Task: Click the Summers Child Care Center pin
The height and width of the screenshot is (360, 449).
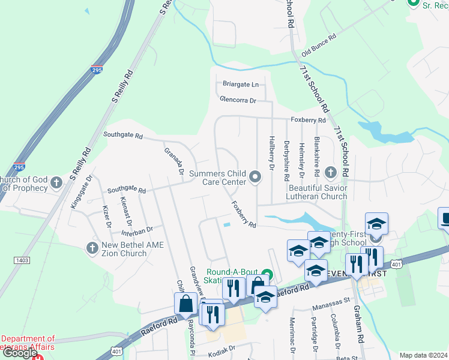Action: [x=256, y=176]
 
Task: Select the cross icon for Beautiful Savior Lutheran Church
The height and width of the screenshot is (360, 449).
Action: [x=330, y=173]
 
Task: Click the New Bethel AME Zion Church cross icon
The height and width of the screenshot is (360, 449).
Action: [x=92, y=247]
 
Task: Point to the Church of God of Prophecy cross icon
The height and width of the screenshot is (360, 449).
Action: [x=56, y=182]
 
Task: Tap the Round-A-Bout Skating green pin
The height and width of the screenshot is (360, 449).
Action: [x=267, y=276]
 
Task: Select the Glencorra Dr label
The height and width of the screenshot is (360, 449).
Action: [x=238, y=100]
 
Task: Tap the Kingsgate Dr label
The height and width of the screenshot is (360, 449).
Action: [x=82, y=191]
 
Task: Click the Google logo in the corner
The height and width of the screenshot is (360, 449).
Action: [x=20, y=353]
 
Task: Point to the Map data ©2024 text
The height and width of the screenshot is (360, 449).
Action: [x=423, y=355]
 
